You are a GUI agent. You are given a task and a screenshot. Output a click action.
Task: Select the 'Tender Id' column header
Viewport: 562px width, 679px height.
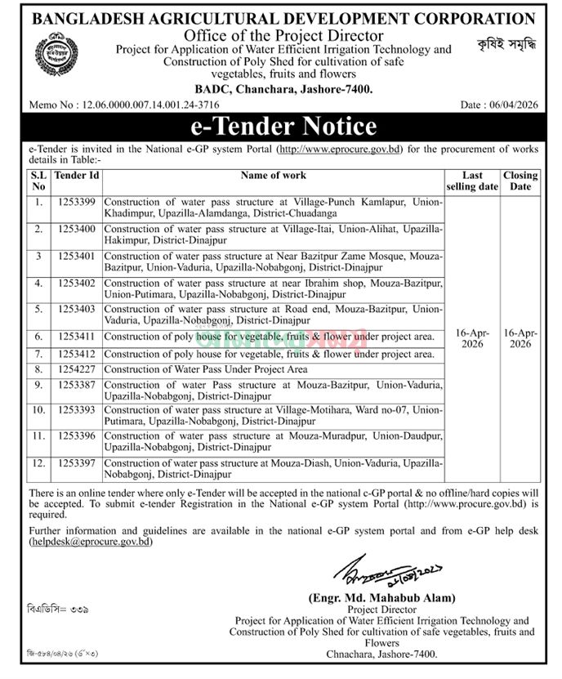(78, 176)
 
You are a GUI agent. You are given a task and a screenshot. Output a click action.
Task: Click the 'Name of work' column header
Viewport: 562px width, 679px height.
(274, 176)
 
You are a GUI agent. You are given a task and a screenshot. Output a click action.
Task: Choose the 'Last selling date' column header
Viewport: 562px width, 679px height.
(473, 181)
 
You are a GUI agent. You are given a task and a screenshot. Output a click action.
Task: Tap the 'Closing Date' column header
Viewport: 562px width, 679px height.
(520, 181)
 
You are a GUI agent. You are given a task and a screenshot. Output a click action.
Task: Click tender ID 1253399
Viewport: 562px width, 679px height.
(78, 202)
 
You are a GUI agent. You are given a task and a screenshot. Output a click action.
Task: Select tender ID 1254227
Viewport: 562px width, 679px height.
(78, 369)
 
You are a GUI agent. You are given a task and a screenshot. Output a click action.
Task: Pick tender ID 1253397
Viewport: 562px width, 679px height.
(78, 463)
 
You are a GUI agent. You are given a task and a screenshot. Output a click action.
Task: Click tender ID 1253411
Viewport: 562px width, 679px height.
(78, 336)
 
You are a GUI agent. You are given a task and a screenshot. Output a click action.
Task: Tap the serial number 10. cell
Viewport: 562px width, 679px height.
(38, 407)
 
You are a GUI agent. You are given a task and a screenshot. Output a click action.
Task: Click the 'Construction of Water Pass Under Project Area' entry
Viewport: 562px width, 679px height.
(210, 369)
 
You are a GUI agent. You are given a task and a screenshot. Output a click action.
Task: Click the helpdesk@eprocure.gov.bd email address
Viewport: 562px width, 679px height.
(90, 541)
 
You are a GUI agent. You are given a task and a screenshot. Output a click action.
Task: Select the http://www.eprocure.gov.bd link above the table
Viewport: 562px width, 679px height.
(339, 150)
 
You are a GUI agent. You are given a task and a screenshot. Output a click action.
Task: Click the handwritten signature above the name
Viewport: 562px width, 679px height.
(376, 571)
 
